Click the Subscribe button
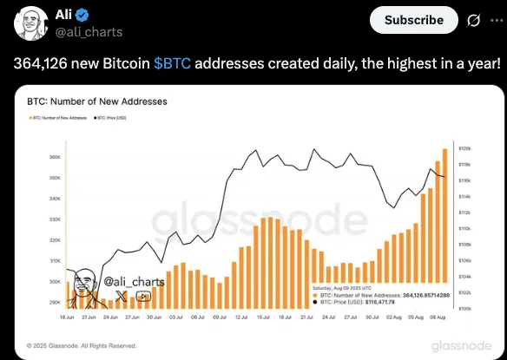tap(414, 19)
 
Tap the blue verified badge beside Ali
tap(80, 16)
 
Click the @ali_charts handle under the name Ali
tap(89, 32)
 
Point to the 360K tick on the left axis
tap(54, 157)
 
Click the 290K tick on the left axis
tap(54, 303)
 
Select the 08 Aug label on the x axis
tap(438, 318)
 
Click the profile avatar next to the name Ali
tap(32, 23)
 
